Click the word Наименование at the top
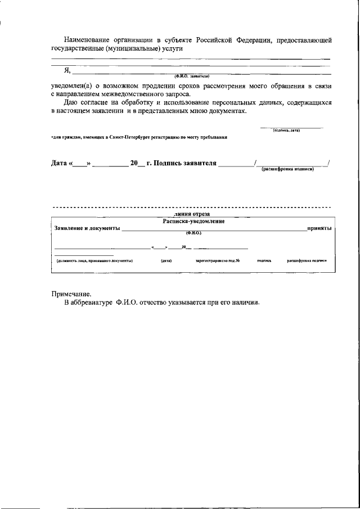88,40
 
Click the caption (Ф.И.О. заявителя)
192,75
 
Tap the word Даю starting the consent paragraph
73,103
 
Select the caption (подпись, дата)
287,130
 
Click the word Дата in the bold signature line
59,163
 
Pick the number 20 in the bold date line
134,163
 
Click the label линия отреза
192,214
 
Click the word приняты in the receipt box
318,228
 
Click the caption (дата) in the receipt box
166,260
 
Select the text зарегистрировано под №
218,260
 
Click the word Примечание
71,294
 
